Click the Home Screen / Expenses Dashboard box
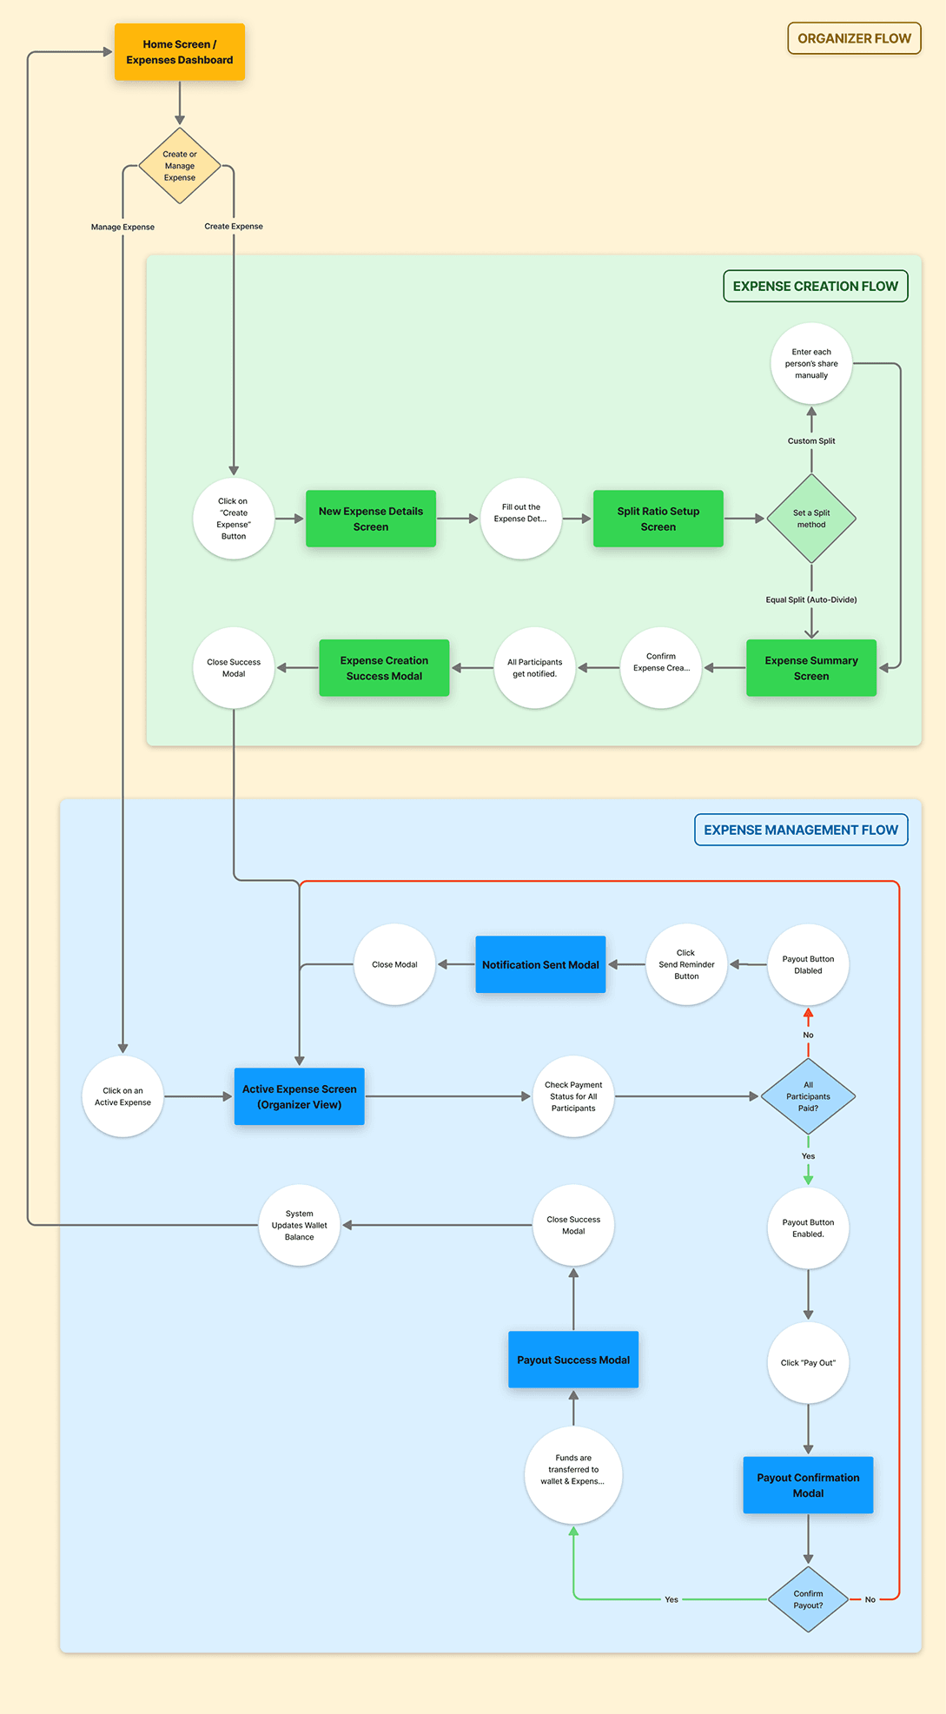180,52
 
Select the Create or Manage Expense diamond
180,166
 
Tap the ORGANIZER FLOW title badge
854,38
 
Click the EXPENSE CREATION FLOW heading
815,286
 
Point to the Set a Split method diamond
811,519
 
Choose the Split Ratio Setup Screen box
658,519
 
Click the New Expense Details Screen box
371,519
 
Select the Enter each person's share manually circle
811,364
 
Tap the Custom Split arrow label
811,440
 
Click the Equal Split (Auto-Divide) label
811,599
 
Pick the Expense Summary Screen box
811,668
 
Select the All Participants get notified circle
535,668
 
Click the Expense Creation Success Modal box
384,668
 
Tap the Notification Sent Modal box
540,964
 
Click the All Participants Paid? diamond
808,1096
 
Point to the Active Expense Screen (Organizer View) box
300,1096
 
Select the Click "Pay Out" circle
808,1362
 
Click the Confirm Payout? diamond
808,1599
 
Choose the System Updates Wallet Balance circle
300,1225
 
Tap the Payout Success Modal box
573,1360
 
